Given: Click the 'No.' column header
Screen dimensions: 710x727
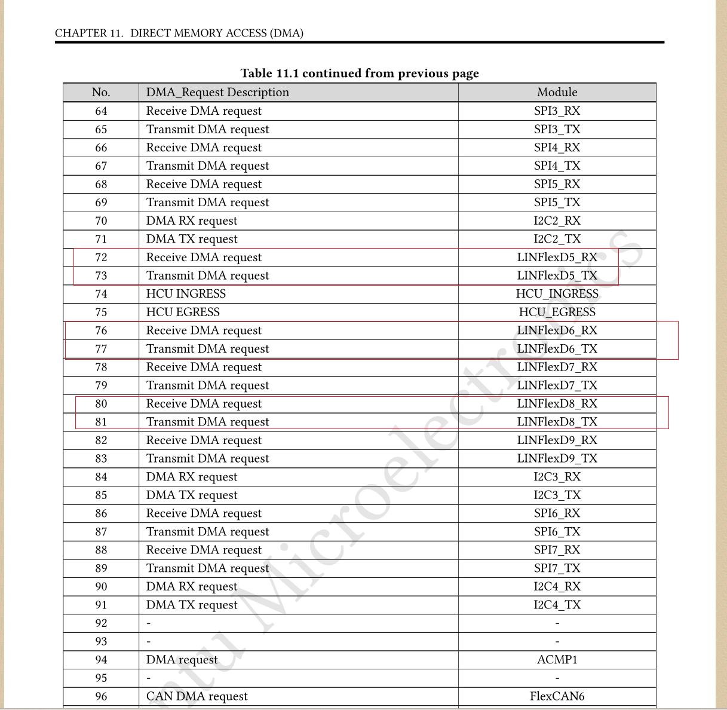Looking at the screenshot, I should point(101,92).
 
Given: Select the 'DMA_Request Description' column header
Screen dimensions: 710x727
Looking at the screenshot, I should point(217,92).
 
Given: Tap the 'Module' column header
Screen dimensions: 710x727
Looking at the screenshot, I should point(557,92).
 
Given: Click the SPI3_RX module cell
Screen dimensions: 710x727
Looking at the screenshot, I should point(557,111).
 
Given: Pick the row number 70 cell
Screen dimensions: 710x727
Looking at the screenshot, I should point(101,221).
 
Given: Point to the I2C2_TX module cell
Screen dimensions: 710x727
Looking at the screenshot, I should point(557,239).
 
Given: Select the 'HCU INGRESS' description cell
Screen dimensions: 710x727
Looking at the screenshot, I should point(186,293).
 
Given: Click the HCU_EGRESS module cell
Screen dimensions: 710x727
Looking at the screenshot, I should point(557,312).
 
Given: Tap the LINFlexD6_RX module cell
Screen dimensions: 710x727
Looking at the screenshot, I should point(557,330).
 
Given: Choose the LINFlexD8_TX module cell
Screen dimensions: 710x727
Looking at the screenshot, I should point(557,422).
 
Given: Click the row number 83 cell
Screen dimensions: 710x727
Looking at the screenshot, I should point(101,458).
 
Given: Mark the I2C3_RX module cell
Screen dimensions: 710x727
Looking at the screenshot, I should point(557,477).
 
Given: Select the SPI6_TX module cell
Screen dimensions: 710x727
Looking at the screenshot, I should point(557,531).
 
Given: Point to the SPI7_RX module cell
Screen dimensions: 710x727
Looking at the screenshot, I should point(557,550).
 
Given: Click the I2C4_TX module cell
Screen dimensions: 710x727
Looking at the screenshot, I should point(557,605).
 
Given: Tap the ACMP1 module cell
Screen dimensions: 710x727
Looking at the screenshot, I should point(557,660).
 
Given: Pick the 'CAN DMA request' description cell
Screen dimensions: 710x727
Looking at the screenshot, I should point(197,696).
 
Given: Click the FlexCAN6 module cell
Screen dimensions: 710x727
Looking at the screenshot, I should point(557,696).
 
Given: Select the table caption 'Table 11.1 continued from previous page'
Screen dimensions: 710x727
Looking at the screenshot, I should point(360,73).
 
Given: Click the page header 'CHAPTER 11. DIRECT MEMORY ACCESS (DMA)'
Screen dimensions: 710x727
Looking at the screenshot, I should point(179,33).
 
